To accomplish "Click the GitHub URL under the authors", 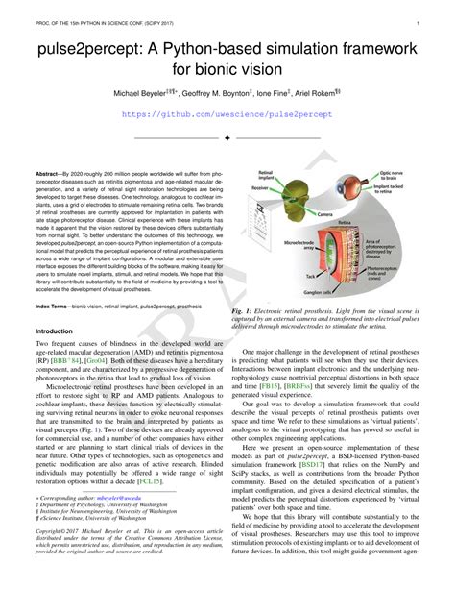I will click(x=227, y=113).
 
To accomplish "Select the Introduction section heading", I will click(x=55, y=331).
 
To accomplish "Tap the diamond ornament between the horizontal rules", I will click(x=227, y=138).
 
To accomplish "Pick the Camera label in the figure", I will click(x=324, y=213).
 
